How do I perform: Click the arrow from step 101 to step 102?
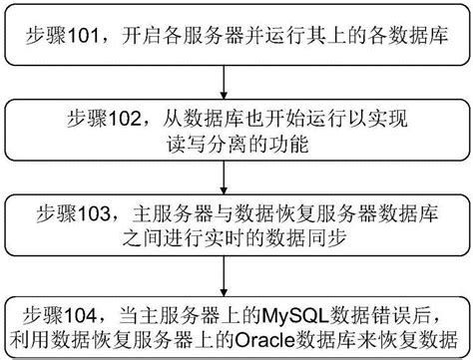(236, 79)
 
